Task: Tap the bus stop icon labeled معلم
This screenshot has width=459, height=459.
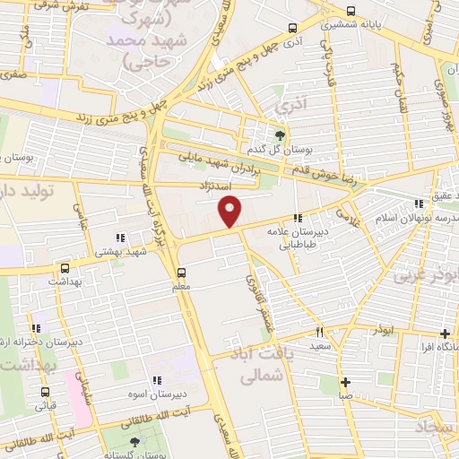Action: click(183, 272)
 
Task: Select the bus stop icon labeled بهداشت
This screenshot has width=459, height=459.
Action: click(65, 267)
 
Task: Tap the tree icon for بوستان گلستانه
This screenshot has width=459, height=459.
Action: click(135, 442)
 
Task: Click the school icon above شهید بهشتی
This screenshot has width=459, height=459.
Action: click(119, 238)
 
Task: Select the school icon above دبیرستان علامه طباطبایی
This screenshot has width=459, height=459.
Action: click(297, 217)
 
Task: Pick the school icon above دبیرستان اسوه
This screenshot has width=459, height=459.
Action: click(158, 380)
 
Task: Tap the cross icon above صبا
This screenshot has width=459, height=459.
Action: click(345, 380)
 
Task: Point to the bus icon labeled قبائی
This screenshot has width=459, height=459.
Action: click(42, 392)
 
